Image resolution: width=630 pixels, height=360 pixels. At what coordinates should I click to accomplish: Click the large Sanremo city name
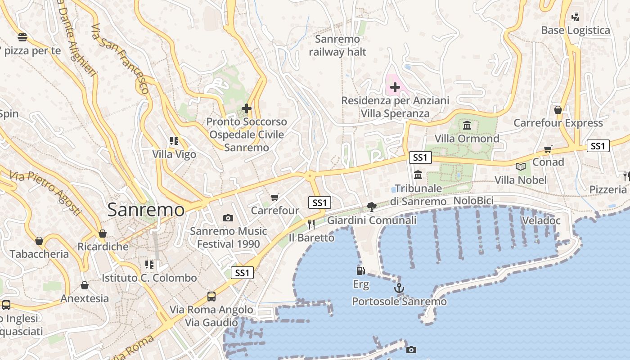[x=146, y=210]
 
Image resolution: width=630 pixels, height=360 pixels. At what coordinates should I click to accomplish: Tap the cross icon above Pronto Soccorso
[x=247, y=108]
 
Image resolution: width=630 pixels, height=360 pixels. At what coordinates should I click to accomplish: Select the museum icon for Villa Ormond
[x=467, y=125]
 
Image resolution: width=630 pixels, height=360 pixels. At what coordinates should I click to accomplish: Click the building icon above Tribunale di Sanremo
[x=418, y=175]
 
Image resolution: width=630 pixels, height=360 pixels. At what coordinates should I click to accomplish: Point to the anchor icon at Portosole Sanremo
[x=399, y=288]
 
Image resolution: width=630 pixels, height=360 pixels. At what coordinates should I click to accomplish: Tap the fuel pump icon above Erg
[x=360, y=270]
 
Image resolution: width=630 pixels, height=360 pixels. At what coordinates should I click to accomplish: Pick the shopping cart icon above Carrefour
[x=274, y=197]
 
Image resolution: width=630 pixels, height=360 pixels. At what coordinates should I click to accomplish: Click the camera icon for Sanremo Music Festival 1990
[x=228, y=218]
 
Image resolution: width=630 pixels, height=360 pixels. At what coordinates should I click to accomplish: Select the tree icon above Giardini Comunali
[x=371, y=207]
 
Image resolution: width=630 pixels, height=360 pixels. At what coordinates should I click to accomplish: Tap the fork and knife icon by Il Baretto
[x=311, y=224]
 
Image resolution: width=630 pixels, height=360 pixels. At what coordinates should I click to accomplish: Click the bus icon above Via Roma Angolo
[x=211, y=296]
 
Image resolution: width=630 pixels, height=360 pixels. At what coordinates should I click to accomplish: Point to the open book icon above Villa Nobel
[x=521, y=167]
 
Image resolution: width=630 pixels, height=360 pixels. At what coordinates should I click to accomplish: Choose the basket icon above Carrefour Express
[x=558, y=110]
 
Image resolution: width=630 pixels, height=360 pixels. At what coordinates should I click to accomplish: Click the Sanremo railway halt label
[x=337, y=45]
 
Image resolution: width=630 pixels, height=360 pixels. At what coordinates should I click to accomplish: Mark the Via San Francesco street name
[x=120, y=58]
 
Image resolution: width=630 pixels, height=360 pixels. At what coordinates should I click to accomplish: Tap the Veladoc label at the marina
[x=541, y=220]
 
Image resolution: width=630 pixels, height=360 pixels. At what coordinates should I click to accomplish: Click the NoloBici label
[x=473, y=201]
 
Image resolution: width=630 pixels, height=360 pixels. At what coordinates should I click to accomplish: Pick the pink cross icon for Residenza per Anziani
[x=395, y=87]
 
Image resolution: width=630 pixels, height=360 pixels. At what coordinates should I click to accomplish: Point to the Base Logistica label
[x=576, y=30]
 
